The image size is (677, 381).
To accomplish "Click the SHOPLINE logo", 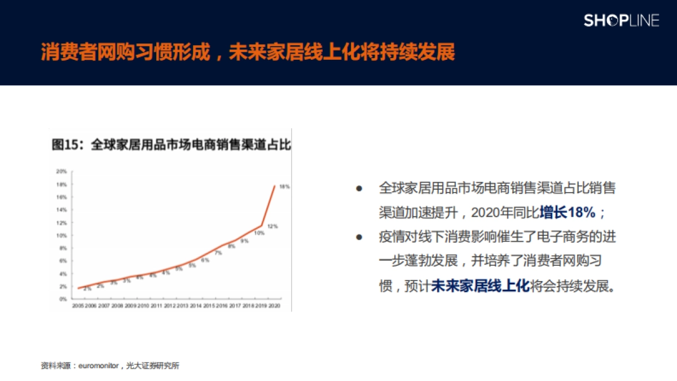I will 621,21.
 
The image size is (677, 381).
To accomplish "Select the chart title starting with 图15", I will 171,144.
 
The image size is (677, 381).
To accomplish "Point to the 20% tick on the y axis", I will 61,171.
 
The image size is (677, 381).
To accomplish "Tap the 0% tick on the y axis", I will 63,299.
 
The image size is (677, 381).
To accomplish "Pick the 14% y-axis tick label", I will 61,209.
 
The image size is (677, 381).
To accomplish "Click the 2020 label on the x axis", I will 275,305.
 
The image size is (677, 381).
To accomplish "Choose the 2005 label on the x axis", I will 78,305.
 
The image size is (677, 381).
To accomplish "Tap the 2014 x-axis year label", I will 196,305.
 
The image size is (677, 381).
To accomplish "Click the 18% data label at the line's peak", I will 285,186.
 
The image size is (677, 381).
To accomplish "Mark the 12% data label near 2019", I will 272,226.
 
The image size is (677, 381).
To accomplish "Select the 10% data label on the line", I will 259,233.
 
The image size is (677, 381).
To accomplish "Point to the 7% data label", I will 218,253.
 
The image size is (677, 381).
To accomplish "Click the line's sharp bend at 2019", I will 262,226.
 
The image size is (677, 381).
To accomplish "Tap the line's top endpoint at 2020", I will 275,186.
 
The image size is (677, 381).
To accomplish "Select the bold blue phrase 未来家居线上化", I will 480,286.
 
